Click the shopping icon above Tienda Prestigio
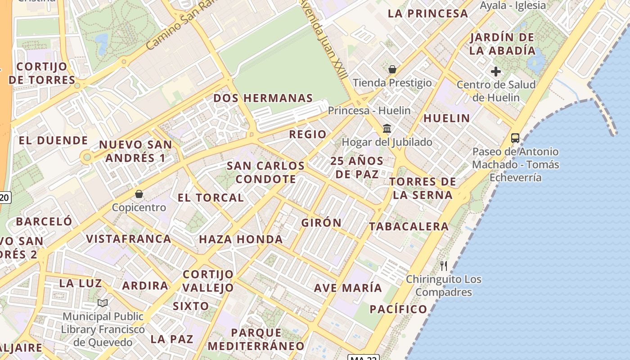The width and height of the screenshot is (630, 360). coord(392,69)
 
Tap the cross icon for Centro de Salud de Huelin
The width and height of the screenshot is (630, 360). coord(496,71)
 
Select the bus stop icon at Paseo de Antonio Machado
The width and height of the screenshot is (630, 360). coord(515,138)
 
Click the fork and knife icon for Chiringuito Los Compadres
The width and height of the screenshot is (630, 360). coord(444,265)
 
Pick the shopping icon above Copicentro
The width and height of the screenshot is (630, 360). coord(139,194)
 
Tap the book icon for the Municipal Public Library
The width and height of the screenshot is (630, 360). coord(103,303)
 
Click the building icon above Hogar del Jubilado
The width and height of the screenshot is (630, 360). coord(387,129)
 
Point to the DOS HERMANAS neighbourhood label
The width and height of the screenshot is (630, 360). coord(263,98)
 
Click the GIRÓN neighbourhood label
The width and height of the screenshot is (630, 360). coord(321,223)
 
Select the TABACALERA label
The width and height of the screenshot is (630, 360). coord(409,226)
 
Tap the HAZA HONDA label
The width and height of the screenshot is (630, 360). coord(241,239)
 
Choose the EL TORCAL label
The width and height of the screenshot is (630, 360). coord(211,198)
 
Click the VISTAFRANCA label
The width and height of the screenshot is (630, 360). coord(129,238)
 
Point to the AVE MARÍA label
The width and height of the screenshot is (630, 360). coord(348,288)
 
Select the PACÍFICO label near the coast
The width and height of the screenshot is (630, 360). coord(398,309)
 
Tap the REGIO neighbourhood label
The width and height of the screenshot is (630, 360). coord(308,134)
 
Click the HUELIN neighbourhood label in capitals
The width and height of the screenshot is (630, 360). coord(446,118)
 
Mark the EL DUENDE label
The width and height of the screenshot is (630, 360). coord(53,140)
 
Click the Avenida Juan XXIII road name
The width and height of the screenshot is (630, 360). coord(324,38)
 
